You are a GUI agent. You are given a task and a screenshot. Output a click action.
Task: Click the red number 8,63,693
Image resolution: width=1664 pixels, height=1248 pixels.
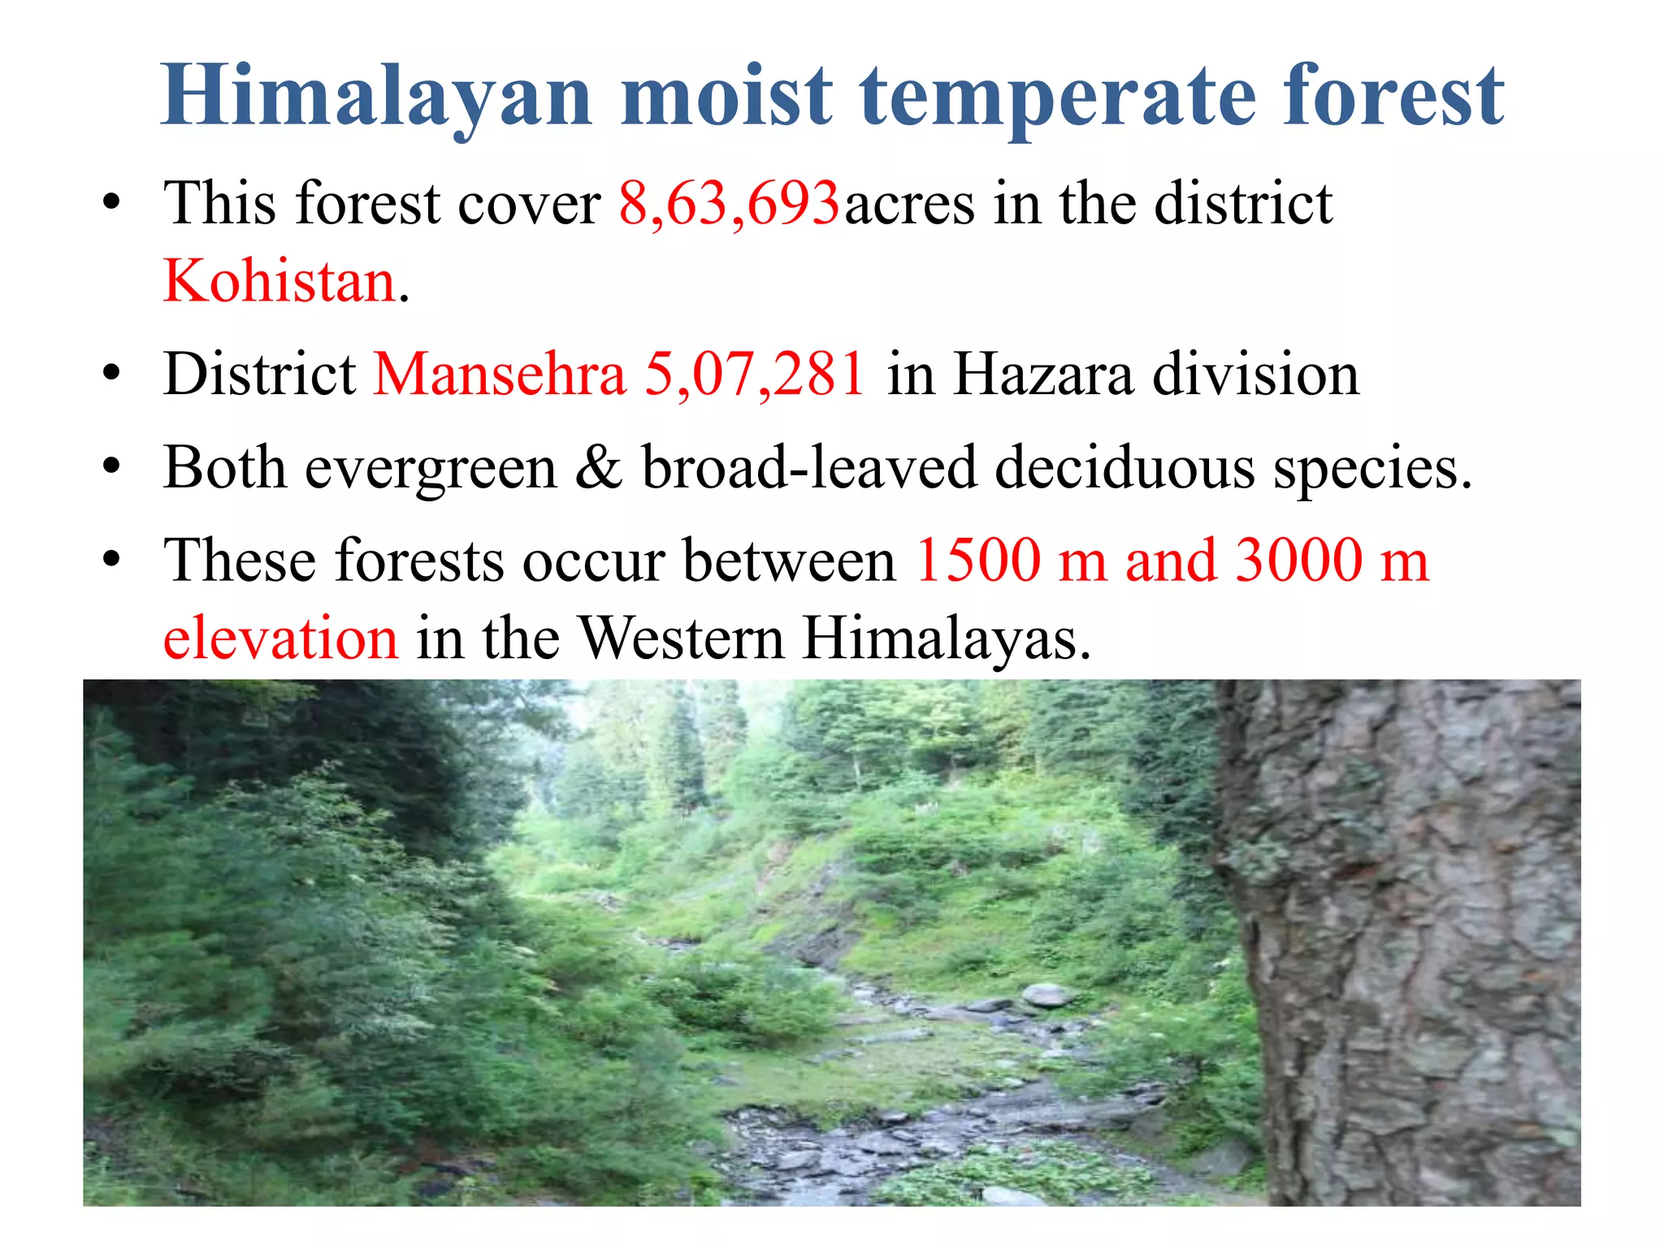729,203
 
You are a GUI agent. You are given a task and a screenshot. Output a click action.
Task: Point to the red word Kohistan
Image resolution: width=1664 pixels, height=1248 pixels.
279,281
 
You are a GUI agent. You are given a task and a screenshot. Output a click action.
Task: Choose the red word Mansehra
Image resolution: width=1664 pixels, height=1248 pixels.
500,375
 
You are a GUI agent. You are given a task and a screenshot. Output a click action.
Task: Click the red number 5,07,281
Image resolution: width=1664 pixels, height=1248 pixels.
755,375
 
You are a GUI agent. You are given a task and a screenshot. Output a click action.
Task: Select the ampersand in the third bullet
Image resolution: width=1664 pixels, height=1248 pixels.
599,468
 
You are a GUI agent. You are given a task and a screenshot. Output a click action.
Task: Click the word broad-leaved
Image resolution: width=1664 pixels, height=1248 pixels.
809,468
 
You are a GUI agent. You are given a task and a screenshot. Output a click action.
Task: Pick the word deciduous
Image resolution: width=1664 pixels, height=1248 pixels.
1125,468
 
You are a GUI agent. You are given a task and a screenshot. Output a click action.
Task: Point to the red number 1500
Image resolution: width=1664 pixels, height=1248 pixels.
978,561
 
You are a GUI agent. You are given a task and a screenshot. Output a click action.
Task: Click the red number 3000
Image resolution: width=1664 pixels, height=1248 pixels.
1298,561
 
